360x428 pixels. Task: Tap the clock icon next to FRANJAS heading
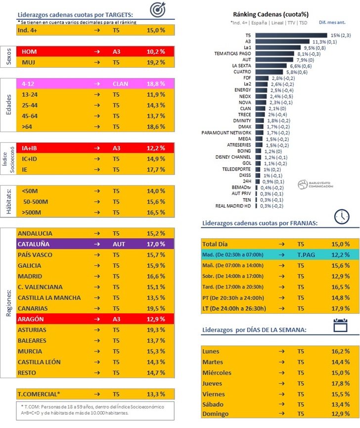pyautogui.click(x=341, y=216)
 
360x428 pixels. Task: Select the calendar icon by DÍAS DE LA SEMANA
pyautogui.click(x=341, y=325)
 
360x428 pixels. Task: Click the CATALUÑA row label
pyautogui.click(x=33, y=244)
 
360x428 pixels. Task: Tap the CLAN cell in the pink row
pyautogui.click(x=120, y=84)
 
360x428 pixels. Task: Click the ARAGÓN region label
pyautogui.click(x=31, y=319)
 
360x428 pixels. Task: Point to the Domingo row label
pyautogui.click(x=216, y=413)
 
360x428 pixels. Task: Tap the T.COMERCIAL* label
pyautogui.click(x=39, y=394)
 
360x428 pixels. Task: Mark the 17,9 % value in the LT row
pyautogui.click(x=340, y=308)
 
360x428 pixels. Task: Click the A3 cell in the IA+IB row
pyautogui.click(x=117, y=148)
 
